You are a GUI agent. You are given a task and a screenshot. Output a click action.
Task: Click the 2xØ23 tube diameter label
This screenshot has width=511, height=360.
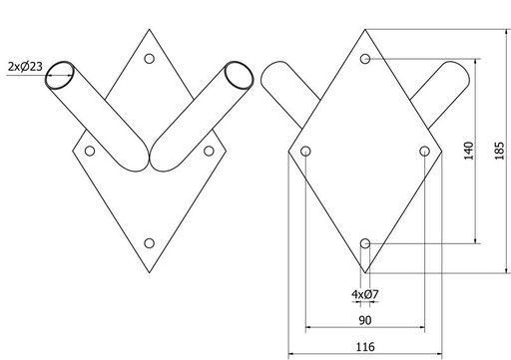25,67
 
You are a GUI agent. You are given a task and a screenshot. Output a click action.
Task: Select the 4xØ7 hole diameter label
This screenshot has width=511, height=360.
365,294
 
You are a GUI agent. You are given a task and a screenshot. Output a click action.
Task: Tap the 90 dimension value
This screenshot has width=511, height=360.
365,320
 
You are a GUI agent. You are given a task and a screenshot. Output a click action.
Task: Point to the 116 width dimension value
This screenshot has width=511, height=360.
365,347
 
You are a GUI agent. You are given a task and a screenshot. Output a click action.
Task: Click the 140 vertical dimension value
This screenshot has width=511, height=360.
468,151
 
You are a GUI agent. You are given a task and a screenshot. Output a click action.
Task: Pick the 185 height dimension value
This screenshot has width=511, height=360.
499,151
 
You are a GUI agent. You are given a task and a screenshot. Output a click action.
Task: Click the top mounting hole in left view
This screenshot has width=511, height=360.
150,59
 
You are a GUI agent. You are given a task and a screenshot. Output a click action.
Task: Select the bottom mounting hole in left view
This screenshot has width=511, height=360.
150,243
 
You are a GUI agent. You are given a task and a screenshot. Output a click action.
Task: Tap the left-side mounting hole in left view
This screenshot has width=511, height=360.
90,151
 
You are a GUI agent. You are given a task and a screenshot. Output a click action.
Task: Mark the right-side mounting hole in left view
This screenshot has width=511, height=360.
209,151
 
